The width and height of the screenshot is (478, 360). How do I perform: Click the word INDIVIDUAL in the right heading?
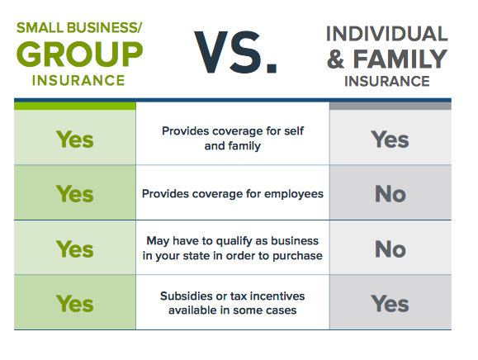(x=386, y=34)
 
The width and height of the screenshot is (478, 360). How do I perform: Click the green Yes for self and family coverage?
(x=74, y=139)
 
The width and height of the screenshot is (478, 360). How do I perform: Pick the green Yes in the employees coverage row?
(x=74, y=193)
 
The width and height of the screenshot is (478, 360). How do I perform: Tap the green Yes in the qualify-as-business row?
(x=74, y=248)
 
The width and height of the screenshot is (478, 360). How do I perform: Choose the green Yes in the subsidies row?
(x=74, y=303)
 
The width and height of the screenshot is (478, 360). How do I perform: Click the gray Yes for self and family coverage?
(x=390, y=139)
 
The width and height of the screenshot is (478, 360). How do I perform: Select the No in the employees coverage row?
(x=390, y=193)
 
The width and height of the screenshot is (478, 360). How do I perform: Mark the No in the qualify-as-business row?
(x=390, y=248)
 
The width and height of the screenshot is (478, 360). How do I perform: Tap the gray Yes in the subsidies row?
(x=390, y=303)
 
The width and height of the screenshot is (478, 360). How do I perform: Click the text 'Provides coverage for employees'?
(x=232, y=194)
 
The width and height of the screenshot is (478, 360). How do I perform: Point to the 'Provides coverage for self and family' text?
(x=232, y=139)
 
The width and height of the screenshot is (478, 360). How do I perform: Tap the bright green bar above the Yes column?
(x=74, y=105)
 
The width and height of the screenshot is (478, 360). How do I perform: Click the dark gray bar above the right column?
(x=390, y=105)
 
